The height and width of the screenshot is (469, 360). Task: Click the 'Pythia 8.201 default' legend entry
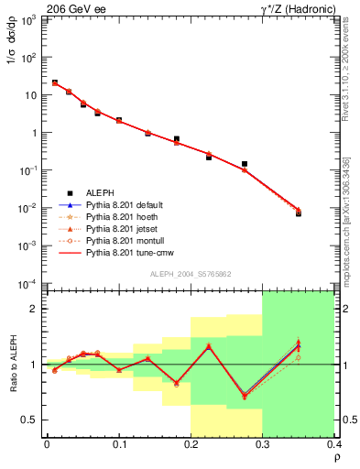pyautogui.click(x=125, y=204)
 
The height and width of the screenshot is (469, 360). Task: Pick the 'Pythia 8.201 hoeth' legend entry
pyautogui.click(x=122, y=216)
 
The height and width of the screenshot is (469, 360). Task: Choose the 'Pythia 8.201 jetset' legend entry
pyautogui.click(x=122, y=227)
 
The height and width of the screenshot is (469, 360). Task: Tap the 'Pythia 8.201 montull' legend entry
pyautogui.click(x=124, y=238)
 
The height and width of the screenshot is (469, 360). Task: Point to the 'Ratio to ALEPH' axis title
pyautogui.click(x=13, y=364)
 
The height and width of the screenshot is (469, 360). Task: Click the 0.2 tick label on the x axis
pyautogui.click(x=191, y=444)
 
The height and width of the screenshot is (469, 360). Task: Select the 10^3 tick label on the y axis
pyautogui.click(x=29, y=19)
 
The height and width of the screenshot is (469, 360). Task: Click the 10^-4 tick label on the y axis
pyautogui.click(x=28, y=283)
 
